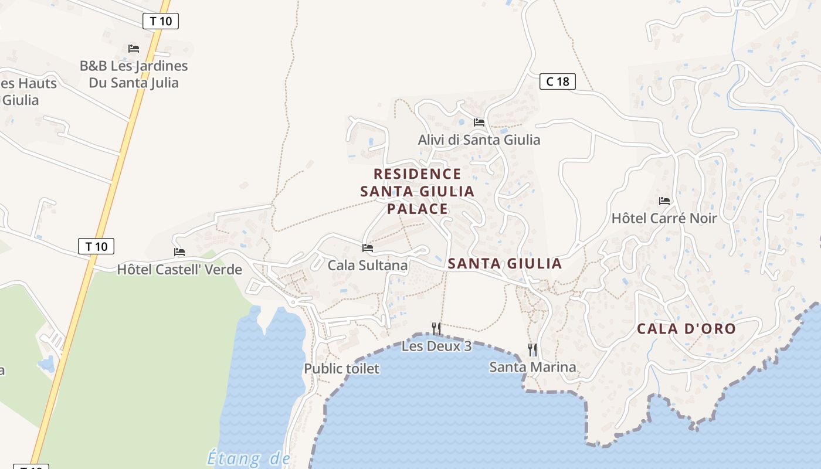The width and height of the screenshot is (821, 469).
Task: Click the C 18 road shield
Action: pos(557,81)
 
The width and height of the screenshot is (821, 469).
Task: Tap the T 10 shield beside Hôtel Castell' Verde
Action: pos(96,246)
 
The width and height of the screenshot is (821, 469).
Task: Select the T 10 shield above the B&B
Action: pos(160,22)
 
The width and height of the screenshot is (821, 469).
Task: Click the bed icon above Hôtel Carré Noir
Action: pos(664,200)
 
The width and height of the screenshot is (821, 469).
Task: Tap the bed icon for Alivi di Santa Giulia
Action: pos(479,123)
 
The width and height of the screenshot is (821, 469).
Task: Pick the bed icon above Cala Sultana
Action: pos(368,248)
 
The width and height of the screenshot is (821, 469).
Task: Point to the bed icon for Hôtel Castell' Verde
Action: pos(179,252)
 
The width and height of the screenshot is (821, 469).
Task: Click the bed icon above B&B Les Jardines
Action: pos(134,48)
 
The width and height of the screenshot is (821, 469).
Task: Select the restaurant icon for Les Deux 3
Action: pos(436,328)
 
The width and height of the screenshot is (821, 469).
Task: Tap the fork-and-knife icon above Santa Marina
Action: pos(532,349)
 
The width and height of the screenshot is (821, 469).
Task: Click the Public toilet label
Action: pos(341,369)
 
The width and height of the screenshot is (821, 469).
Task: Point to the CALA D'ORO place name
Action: pos(686,329)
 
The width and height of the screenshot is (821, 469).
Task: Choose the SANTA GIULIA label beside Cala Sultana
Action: pos(505,264)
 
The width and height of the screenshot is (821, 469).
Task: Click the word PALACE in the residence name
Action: pos(418,209)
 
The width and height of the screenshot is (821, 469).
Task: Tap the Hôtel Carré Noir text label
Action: pos(664,219)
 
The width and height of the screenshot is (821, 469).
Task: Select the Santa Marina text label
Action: pos(532,368)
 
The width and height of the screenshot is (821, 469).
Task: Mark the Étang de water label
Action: pos(249,458)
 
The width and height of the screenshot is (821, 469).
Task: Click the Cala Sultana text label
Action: pos(367,266)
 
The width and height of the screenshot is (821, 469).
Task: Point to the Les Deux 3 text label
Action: pos(436,346)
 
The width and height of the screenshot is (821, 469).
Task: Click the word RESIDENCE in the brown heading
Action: pos(418,174)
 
